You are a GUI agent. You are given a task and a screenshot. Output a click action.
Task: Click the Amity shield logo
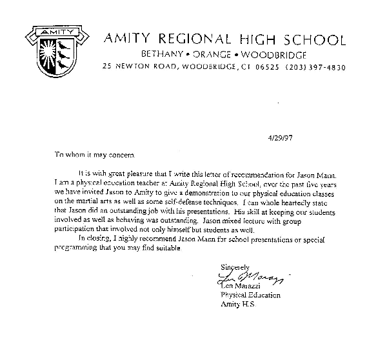52,49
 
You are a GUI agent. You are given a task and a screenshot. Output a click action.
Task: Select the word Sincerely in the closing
234,267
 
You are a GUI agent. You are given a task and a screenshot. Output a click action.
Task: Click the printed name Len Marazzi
243,286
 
